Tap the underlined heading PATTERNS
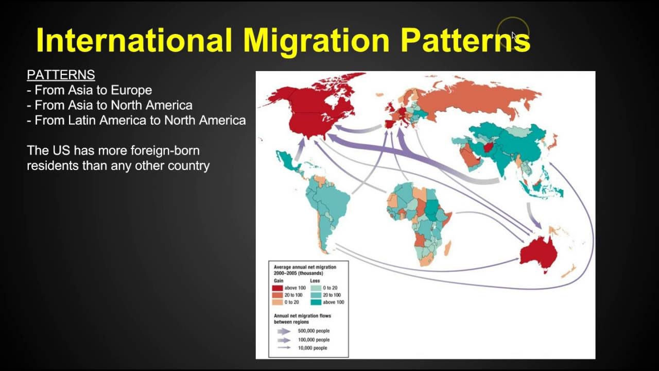(61, 75)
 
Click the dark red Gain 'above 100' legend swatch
(278, 288)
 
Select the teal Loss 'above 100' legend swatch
(316, 302)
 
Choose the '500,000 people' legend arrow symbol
(283, 331)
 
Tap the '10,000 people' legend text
(313, 348)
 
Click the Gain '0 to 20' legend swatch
(278, 302)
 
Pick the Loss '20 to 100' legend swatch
(316, 295)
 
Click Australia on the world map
(538, 252)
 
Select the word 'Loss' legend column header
(315, 281)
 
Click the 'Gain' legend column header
(279, 281)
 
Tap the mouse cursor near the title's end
(513, 35)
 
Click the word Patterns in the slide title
(465, 40)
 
